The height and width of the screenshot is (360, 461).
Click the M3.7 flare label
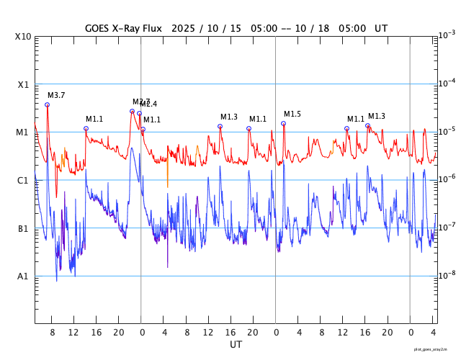click(56, 95)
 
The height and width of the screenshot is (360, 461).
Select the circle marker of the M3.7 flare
click(48, 104)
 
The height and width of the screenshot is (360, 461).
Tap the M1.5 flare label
click(292, 114)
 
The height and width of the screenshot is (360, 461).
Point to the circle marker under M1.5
click(283, 123)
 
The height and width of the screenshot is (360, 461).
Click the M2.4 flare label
click(149, 104)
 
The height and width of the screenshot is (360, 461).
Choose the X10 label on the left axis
click(23, 36)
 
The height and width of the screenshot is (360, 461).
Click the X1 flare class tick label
click(23, 84)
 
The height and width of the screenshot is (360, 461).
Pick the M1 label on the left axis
click(23, 132)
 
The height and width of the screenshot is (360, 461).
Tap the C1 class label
click(23, 180)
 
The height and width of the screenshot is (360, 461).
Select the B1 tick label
click(23, 228)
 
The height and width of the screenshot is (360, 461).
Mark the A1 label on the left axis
click(23, 276)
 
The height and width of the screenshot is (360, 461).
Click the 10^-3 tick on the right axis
click(447, 35)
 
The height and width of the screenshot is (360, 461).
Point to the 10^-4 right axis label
click(447, 83)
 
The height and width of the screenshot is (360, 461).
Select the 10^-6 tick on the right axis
click(447, 179)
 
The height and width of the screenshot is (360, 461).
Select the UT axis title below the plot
click(236, 344)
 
